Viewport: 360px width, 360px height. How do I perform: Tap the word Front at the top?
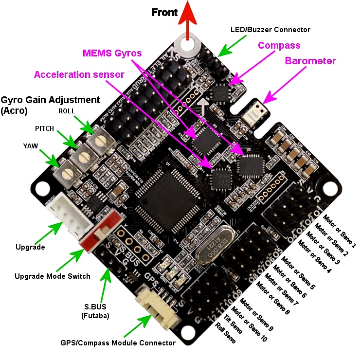coord(164,12)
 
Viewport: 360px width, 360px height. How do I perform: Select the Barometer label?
coord(310,61)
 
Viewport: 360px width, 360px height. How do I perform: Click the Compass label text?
coord(279,45)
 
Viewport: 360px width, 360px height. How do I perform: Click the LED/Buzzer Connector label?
coord(270,30)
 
